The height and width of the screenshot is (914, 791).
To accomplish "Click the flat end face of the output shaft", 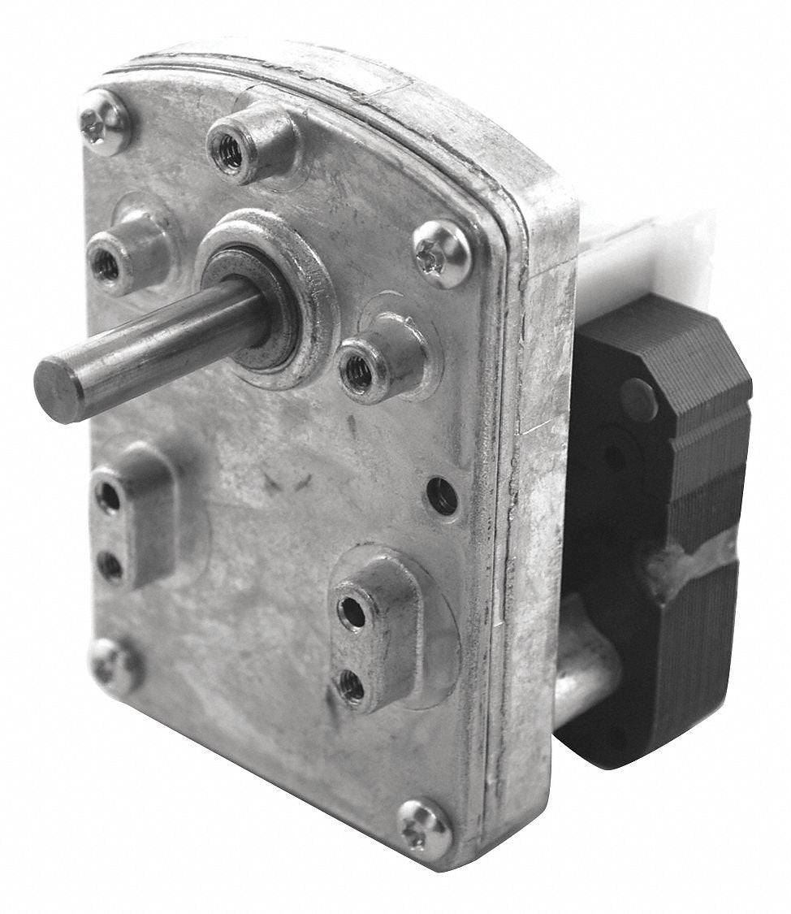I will [58, 392].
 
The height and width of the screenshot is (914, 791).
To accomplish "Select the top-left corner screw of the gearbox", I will [104, 123].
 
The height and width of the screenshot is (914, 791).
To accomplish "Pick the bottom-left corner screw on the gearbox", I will [115, 665].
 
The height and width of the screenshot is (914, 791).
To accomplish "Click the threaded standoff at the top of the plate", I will [231, 149].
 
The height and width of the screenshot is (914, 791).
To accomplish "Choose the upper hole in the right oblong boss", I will [352, 611].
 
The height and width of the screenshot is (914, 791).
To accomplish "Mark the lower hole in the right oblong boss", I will [351, 687].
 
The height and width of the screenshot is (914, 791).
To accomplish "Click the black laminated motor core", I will [674, 479].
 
